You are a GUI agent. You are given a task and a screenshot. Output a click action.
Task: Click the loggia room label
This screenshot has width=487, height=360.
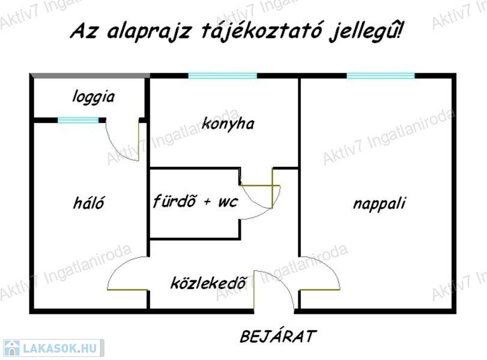93,97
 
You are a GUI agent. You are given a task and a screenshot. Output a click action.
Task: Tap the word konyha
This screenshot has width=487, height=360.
228,124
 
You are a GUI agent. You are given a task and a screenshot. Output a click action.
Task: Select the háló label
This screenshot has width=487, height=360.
88,203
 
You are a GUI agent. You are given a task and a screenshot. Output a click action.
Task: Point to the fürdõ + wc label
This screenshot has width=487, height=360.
195,200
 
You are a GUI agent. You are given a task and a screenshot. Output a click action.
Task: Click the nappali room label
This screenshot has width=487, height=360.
378,203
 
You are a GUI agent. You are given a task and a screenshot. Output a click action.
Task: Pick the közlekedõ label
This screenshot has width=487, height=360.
208,282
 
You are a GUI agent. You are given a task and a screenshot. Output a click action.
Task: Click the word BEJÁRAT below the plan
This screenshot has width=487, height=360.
277,337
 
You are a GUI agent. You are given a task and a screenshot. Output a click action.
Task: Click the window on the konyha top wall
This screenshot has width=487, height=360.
222,76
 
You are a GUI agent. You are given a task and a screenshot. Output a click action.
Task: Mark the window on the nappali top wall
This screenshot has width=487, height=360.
380,76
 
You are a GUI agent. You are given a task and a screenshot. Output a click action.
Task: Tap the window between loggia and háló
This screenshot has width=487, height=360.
78,121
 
